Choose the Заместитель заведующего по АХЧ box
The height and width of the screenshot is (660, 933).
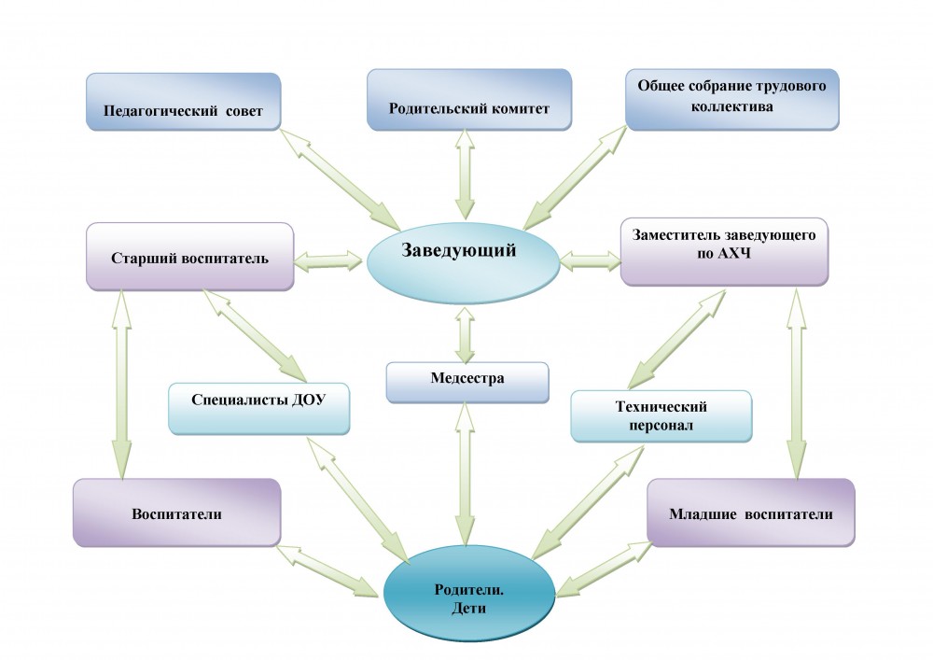click(x=724, y=252)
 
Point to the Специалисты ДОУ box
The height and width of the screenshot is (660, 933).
click(x=258, y=407)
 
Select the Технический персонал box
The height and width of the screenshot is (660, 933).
click(x=661, y=415)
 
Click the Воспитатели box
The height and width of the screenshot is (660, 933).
click(x=176, y=513)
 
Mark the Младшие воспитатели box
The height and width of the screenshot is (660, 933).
click(x=750, y=513)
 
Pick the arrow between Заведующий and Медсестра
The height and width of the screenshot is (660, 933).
click(x=464, y=330)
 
